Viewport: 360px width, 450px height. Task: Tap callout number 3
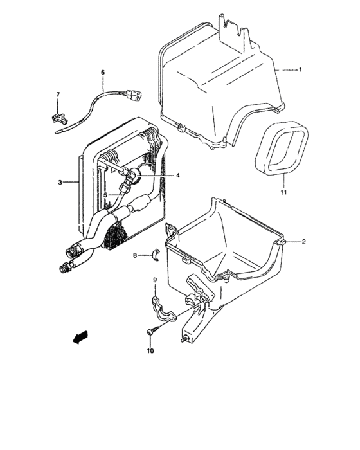[x=60, y=183]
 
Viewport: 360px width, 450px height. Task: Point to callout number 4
[x=160, y=175]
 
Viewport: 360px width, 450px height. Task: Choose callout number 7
[x=58, y=95]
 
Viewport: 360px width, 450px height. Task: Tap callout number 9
[x=155, y=280]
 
